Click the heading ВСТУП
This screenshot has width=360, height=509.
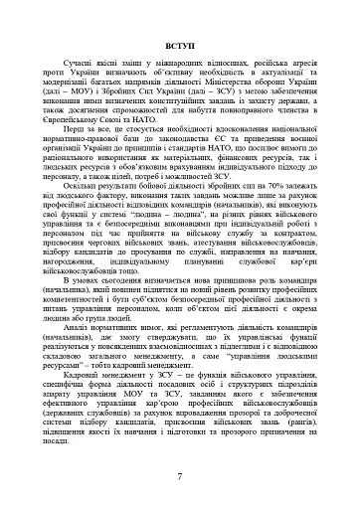[x=179, y=45]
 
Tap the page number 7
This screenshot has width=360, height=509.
[x=179, y=478]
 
